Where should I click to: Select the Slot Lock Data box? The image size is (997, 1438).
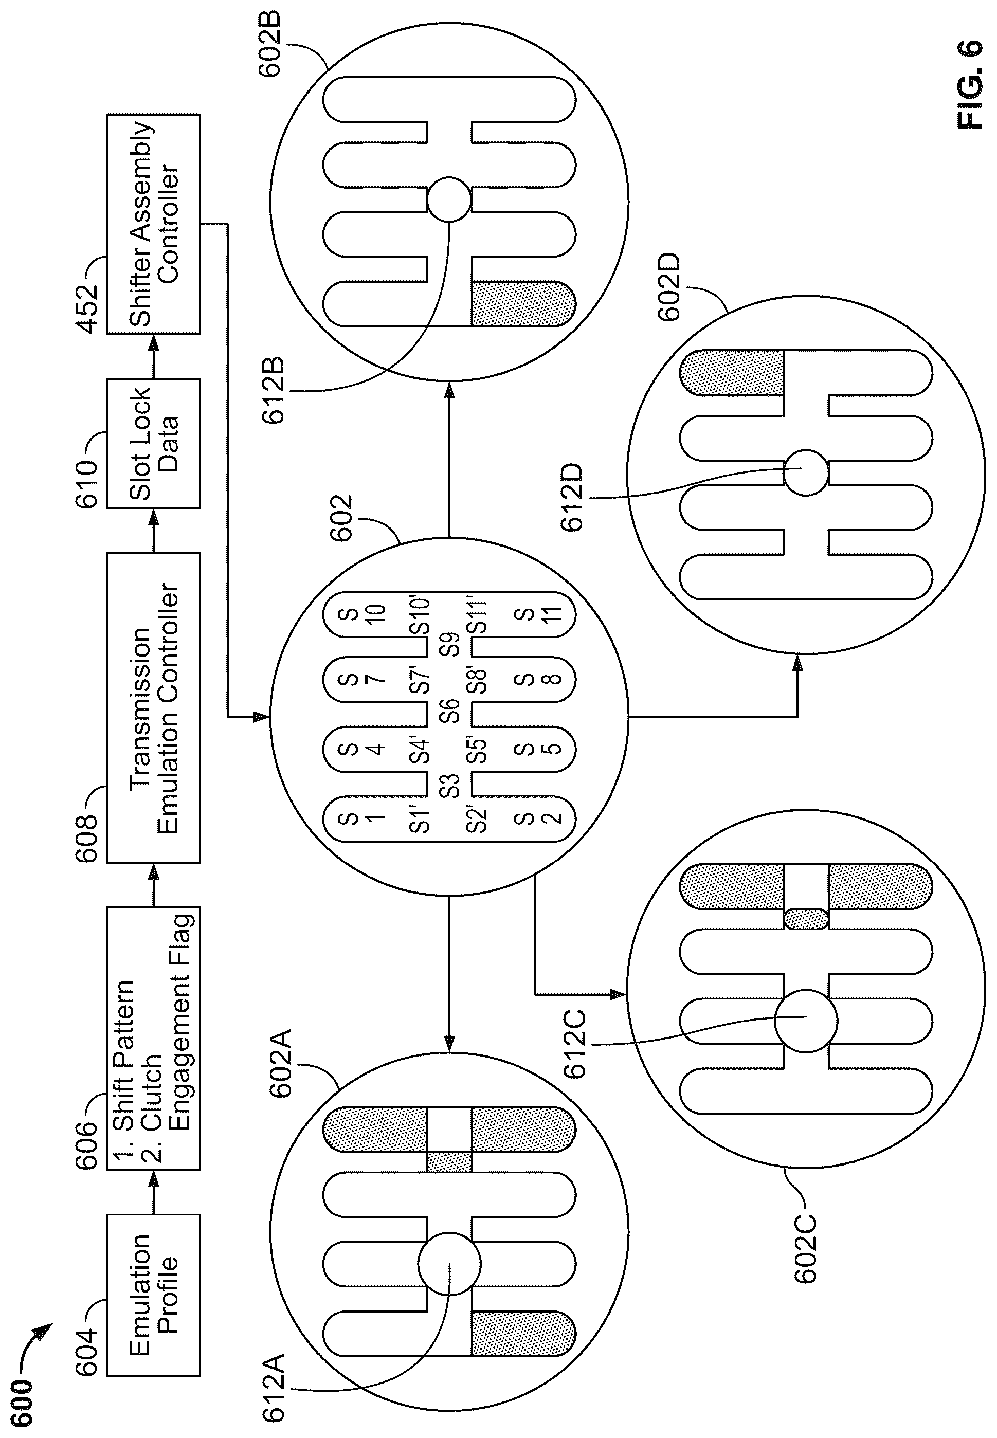154,444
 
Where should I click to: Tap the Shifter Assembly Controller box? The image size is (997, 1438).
154,224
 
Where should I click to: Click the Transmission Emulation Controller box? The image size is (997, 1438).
154,708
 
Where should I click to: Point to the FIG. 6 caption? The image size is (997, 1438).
970,85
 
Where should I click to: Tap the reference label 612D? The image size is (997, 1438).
572,497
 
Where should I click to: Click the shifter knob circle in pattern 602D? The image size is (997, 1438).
806,473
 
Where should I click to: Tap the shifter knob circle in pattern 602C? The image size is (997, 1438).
806,1021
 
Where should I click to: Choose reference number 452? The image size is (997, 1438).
87,309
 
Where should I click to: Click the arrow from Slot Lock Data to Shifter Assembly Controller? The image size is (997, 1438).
154,356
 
